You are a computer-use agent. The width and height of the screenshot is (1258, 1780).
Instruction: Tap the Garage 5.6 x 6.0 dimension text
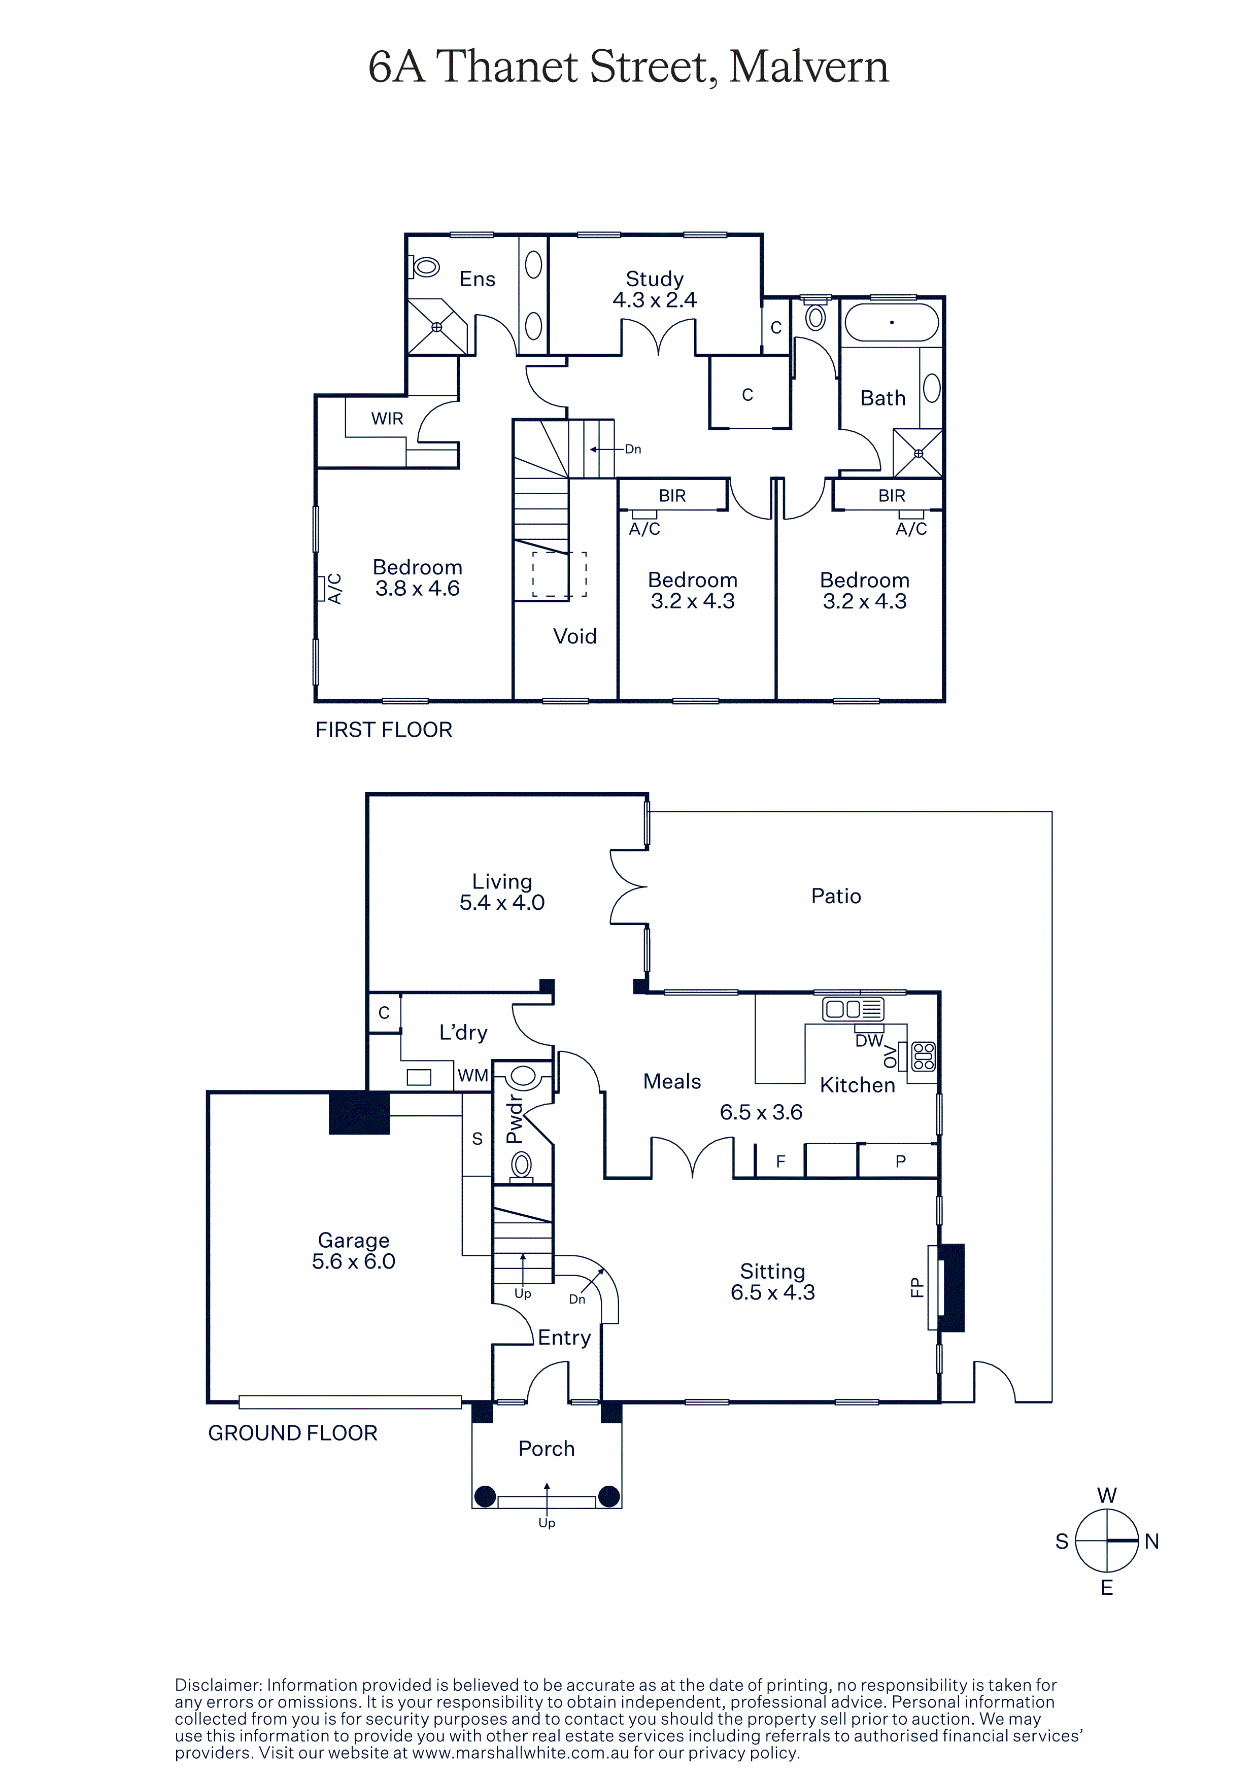tap(354, 1261)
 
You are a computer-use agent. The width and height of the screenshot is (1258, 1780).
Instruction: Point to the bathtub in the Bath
tap(892, 323)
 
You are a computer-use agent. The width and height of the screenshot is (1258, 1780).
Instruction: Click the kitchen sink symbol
tap(853, 1009)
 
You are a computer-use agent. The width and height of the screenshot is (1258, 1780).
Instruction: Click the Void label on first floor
tap(574, 636)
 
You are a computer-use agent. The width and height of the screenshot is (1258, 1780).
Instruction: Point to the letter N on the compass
tap(1152, 1542)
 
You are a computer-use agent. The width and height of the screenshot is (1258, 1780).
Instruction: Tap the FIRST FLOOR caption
tap(384, 730)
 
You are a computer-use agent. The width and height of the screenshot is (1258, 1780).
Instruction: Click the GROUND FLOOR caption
tap(293, 1433)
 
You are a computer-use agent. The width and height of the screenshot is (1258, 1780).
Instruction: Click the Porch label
tap(547, 1449)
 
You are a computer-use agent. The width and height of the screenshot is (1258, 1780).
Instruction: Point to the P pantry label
tap(900, 1161)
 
